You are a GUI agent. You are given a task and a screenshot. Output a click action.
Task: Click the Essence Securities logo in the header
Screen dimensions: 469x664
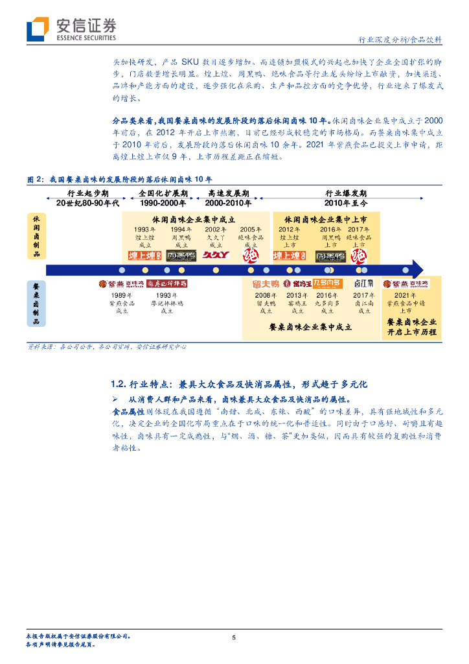point(71,29)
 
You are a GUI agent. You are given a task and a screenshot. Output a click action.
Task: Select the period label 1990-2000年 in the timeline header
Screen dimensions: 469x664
point(163,203)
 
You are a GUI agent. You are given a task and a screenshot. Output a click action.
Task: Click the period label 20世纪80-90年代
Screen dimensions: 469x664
point(88,203)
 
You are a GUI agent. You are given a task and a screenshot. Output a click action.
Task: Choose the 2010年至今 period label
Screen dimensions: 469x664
point(346,203)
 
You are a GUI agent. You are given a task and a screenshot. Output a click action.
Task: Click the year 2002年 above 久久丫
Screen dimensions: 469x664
point(216,230)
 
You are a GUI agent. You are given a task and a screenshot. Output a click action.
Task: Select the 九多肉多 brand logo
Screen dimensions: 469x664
point(328,283)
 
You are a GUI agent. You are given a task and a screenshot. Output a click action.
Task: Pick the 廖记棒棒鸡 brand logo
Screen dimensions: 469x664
point(166,283)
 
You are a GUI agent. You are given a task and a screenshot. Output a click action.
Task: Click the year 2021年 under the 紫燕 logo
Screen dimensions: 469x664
point(405,295)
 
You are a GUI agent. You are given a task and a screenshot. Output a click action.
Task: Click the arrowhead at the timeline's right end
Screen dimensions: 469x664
point(417,269)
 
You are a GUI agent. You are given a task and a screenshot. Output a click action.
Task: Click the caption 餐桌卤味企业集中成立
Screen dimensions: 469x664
point(310,327)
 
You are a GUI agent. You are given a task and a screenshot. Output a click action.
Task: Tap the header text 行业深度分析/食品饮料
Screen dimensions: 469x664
point(400,40)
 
